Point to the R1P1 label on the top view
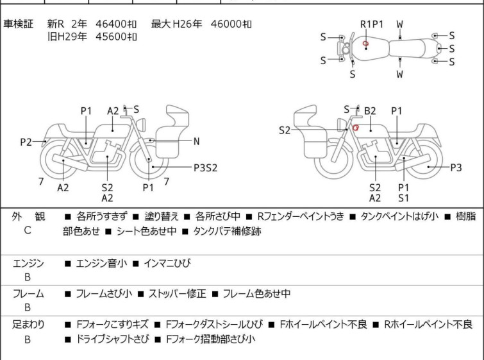pyautogui.click(x=372, y=24)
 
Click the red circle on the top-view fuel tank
pyautogui.click(x=365, y=44)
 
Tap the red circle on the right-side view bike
pyautogui.click(x=356, y=127)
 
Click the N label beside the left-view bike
pyautogui.click(x=196, y=142)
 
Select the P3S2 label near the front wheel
pyautogui.click(x=206, y=167)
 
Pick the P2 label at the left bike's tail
pyautogui.click(x=26, y=142)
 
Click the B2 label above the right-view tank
pyautogui.click(x=370, y=110)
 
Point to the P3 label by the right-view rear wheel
pyautogui.click(x=456, y=167)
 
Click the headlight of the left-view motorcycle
pyautogui.click(x=141, y=125)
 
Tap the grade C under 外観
pyautogui.click(x=28, y=230)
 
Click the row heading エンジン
pyautogui.click(x=28, y=264)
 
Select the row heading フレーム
pyautogui.click(x=28, y=293)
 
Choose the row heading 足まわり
pyautogui.click(x=28, y=325)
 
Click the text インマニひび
pyautogui.click(x=167, y=263)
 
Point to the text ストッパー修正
pyautogui.click(x=177, y=293)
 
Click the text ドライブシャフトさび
pyautogui.click(x=112, y=339)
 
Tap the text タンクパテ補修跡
pyautogui.click(x=227, y=231)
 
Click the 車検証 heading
pyautogui.click(x=18, y=24)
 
